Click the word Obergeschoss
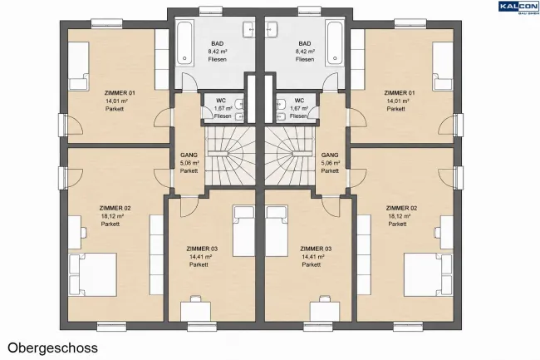pyautogui.click(x=52, y=348)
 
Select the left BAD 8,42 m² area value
pyautogui.click(x=218, y=52)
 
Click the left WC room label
pyautogui.click(x=221, y=101)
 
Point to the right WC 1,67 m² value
pyautogui.click(x=299, y=109)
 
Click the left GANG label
pyautogui.click(x=189, y=155)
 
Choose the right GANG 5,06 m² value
pyautogui.click(x=331, y=163)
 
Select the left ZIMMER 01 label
pyautogui.click(x=120, y=93)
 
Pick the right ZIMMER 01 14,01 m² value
pyautogui.click(x=398, y=101)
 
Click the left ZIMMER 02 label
pyautogui.click(x=115, y=208)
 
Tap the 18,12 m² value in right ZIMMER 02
pyautogui.click(x=399, y=216)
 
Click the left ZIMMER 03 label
pyautogui.click(x=202, y=249)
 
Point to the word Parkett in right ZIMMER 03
pyautogui.click(x=312, y=264)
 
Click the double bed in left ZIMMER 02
pyautogui.click(x=93, y=274)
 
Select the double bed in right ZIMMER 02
pyautogui.click(x=428, y=274)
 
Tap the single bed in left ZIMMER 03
pyautogui.click(x=243, y=231)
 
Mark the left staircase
pyautogui.click(x=230, y=155)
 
